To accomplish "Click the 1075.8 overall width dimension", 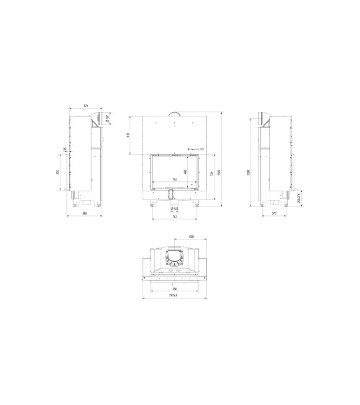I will (174, 293).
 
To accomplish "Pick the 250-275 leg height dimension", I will (300, 196).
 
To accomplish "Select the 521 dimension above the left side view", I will (86, 106).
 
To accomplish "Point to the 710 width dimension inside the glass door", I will (174, 179).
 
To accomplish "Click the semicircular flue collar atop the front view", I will (174, 114).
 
